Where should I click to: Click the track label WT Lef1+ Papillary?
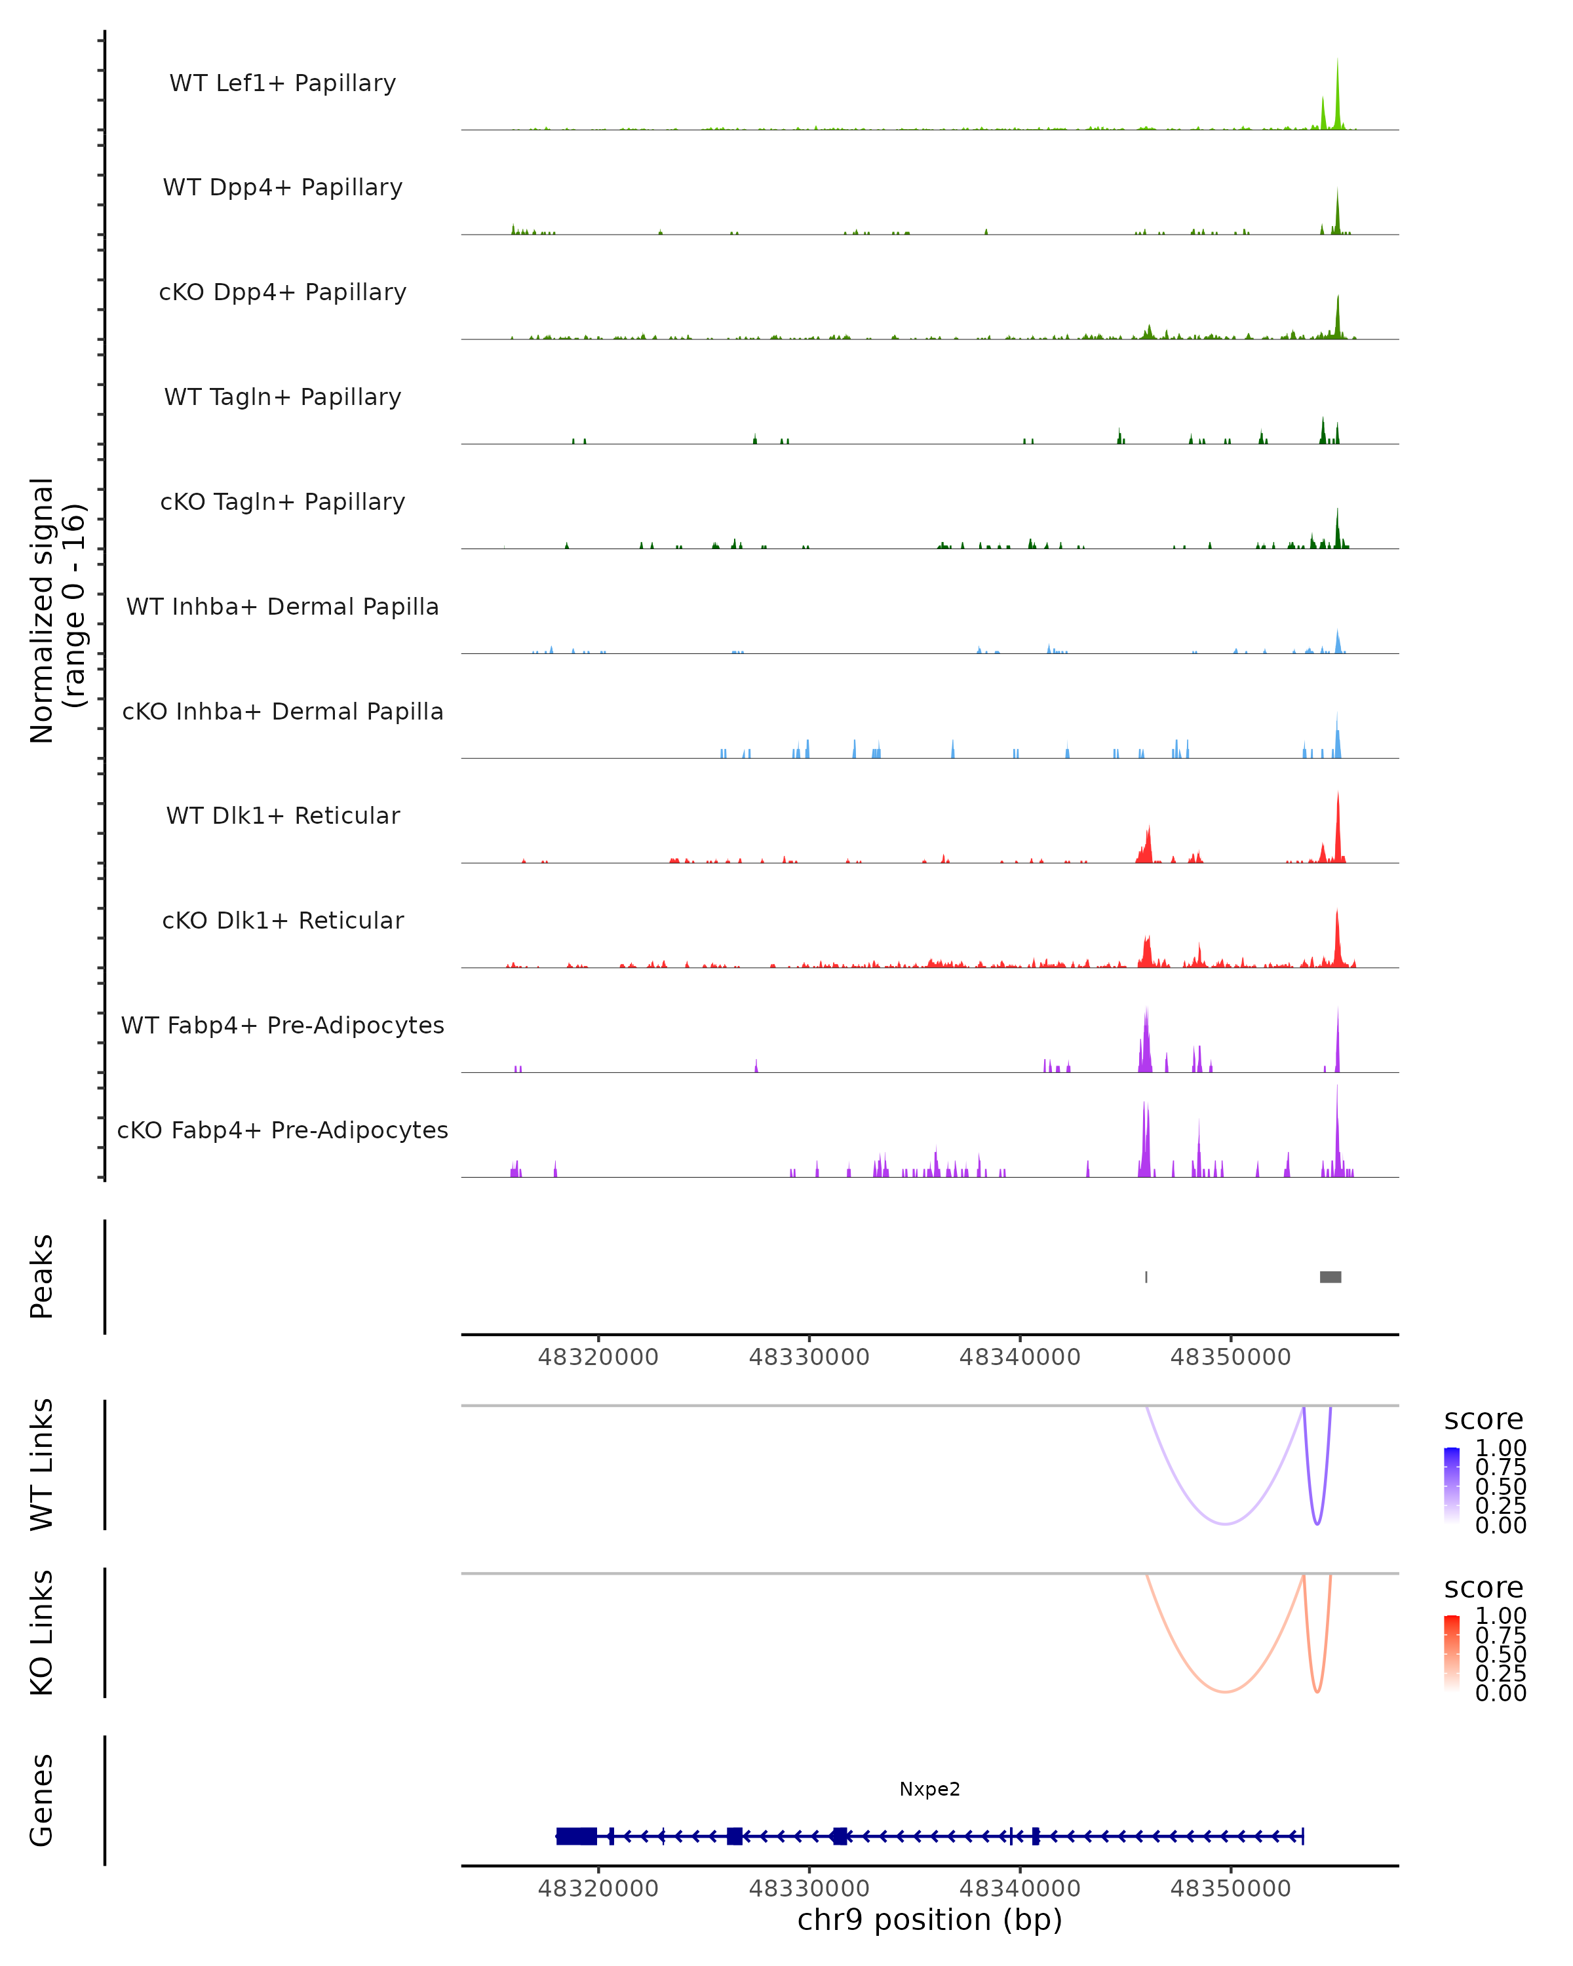(x=282, y=83)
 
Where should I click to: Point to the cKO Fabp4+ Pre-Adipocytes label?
(x=282, y=1130)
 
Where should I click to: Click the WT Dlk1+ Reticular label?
(x=282, y=815)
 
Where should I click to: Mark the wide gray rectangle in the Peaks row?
(x=1330, y=1277)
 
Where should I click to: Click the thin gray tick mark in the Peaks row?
(x=1146, y=1277)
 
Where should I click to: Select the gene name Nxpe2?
(x=929, y=1789)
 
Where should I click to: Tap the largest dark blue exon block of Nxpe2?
(x=576, y=1836)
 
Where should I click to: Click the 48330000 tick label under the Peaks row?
(x=809, y=1357)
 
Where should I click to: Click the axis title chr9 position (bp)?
(x=929, y=1919)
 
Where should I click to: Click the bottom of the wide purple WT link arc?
(x=1226, y=1524)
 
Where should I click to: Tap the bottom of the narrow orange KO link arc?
(x=1317, y=1691)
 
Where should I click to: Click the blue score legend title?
(x=1483, y=1420)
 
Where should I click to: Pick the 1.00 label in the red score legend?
(x=1500, y=1616)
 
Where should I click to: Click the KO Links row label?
(x=42, y=1632)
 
